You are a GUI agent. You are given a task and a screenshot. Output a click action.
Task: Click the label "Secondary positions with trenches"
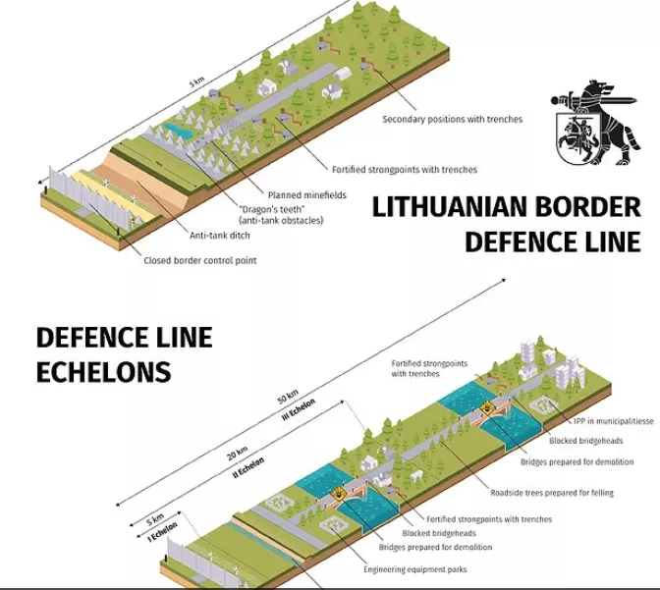tap(452, 119)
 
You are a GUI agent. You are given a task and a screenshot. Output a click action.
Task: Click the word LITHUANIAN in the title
tap(447, 209)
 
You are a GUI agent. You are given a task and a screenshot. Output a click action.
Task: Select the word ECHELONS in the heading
tap(103, 372)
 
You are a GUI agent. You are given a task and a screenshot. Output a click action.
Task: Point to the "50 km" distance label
tap(287, 398)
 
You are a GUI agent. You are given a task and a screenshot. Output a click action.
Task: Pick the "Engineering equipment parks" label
tap(414, 569)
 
